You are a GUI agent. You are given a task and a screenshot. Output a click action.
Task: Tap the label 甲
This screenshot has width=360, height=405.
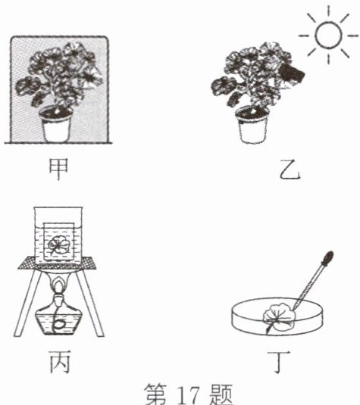pyautogui.click(x=58, y=169)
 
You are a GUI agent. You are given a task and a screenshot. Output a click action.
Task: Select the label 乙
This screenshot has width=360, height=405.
pyautogui.click(x=290, y=170)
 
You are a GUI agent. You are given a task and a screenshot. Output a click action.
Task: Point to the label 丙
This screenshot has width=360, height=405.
pyautogui.click(x=59, y=362)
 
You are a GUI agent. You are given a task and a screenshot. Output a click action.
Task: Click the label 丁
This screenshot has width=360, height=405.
pyautogui.click(x=279, y=362)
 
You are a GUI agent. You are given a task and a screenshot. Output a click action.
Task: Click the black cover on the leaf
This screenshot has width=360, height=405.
pyautogui.click(x=292, y=73)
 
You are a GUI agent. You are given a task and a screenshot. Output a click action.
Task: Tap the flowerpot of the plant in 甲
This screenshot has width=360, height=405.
pyautogui.click(x=56, y=124)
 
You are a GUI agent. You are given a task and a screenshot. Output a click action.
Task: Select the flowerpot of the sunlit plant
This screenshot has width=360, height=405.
pyautogui.click(x=252, y=125)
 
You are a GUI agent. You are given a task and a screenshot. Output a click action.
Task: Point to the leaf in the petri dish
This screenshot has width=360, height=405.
pyautogui.click(x=279, y=316)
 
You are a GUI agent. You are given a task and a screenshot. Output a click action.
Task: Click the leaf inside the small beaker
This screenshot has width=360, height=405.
pyautogui.click(x=58, y=245)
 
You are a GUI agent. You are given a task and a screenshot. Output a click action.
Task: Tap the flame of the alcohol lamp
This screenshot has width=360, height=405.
pyautogui.click(x=59, y=286)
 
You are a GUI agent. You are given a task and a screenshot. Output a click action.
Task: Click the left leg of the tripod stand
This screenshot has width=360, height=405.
pyautogui.click(x=29, y=303)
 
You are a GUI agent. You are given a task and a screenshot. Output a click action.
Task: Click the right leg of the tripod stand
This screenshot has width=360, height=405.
pyautogui.click(x=90, y=303)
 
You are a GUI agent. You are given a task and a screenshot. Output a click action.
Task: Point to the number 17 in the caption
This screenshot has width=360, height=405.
pyautogui.click(x=189, y=395)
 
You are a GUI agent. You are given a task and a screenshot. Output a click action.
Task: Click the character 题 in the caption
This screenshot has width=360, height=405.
pyautogui.click(x=221, y=394)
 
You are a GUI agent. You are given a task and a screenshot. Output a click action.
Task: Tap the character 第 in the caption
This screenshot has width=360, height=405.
pyautogui.click(x=155, y=394)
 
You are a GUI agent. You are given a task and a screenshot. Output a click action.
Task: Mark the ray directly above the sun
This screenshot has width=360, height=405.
pyautogui.click(x=328, y=11)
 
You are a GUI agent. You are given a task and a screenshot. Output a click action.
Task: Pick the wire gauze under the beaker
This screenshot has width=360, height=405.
pyautogui.click(x=58, y=263)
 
